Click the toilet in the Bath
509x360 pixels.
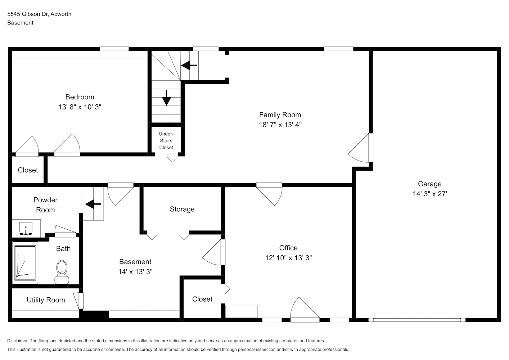click(x=62, y=272)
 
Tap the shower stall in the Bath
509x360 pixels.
click(x=25, y=263)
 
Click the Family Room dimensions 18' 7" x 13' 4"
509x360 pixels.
click(x=280, y=125)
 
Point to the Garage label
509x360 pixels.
click(x=430, y=184)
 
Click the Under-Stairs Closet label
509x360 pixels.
click(x=166, y=141)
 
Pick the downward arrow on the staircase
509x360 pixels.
click(x=167, y=98)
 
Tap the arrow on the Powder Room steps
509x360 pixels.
click(x=93, y=204)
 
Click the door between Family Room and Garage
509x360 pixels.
click(x=361, y=148)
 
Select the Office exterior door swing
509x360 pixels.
click(x=305, y=310)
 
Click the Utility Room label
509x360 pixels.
click(x=46, y=300)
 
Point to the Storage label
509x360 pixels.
click(x=182, y=209)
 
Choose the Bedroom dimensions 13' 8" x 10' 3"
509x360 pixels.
click(x=80, y=107)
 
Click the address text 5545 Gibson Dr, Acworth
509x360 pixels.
click(x=39, y=14)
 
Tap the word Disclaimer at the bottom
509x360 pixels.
click(x=18, y=341)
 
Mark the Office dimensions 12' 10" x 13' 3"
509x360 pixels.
click(x=289, y=258)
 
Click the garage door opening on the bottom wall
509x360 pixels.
click(x=417, y=320)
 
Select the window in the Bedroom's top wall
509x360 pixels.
click(x=114, y=49)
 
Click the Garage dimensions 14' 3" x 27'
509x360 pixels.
click(x=430, y=194)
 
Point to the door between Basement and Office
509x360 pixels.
click(x=214, y=252)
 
